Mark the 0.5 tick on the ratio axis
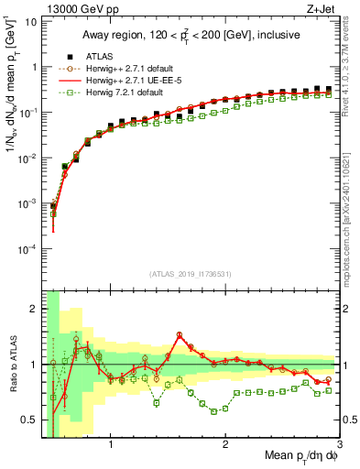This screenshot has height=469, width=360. click(34, 420)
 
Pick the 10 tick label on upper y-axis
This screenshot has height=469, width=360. click(32, 21)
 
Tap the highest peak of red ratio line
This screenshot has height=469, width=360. click(180, 334)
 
